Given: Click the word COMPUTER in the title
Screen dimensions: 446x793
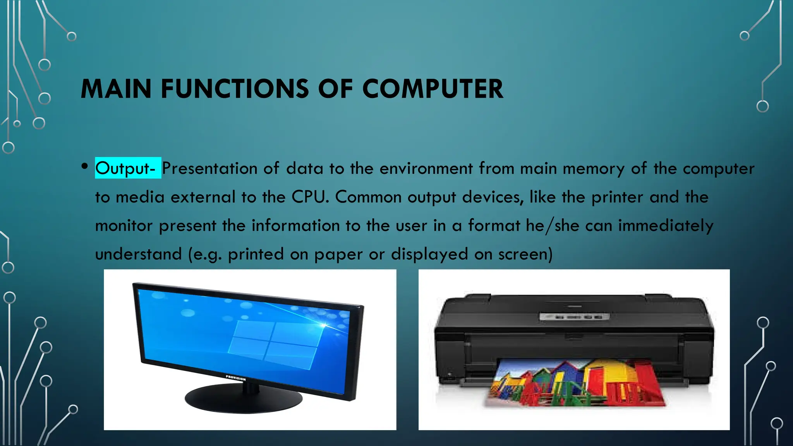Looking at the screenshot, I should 433,89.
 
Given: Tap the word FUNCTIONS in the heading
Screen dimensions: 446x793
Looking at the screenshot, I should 235,89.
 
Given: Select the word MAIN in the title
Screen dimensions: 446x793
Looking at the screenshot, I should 116,89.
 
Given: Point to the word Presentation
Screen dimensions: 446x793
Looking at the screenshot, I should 209,168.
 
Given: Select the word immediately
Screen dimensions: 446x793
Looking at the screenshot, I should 666,226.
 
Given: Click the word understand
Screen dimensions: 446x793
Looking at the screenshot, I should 138,254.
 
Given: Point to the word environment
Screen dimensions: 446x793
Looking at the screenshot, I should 426,168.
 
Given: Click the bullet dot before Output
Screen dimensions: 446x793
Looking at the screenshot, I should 85,166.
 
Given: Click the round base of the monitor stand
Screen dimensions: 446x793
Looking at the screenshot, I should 243,399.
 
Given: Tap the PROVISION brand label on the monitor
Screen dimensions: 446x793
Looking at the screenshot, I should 235,378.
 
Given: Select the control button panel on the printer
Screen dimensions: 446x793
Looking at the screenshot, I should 574,317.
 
